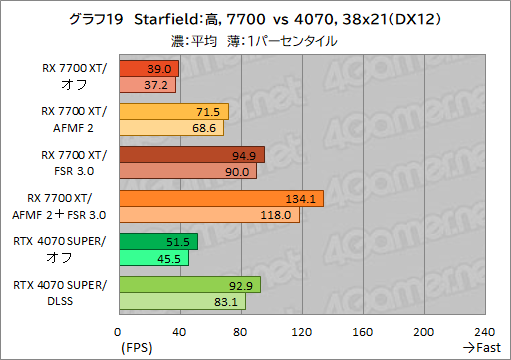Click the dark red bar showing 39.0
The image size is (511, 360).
click(149, 69)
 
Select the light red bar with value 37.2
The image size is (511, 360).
click(148, 85)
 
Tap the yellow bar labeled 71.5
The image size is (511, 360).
click(174, 112)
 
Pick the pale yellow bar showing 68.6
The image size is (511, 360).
click(172, 128)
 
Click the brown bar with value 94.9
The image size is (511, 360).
click(192, 155)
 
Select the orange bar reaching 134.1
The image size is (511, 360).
click(221, 199)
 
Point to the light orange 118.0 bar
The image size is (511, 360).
click(209, 215)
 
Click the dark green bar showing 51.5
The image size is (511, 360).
click(159, 242)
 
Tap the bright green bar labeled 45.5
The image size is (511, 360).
click(154, 258)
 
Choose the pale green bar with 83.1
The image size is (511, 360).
click(183, 301)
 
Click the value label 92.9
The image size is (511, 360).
click(241, 286)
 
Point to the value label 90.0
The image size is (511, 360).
click(237, 172)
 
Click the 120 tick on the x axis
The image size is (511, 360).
click(301, 332)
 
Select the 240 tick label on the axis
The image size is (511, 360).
click(484, 332)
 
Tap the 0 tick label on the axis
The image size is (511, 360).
click(117, 332)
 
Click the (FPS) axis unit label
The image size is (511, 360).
click(137, 348)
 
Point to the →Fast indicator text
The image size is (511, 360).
click(482, 348)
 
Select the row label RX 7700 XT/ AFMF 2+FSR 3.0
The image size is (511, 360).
click(59, 207)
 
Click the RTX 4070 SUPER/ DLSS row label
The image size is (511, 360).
click(60, 293)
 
